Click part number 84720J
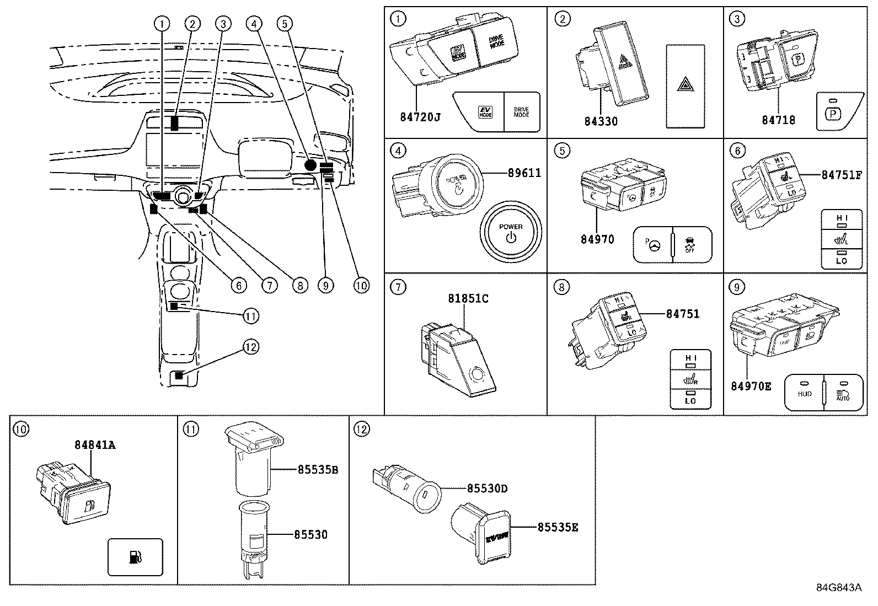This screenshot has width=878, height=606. (420, 117)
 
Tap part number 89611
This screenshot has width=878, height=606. (524, 173)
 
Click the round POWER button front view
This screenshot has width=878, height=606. (511, 232)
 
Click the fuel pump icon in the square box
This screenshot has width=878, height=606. (135, 556)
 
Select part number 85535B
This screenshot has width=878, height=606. (318, 470)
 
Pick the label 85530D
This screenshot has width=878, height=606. (487, 489)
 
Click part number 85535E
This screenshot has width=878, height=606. (558, 527)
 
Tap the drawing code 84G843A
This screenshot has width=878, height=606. (838, 587)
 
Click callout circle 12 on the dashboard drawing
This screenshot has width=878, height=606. (251, 347)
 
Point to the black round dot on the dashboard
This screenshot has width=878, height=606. (310, 164)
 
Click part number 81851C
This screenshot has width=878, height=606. (468, 298)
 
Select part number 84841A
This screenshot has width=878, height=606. (95, 444)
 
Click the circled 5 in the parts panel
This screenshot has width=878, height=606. (561, 151)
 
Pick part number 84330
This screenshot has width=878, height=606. (601, 121)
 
